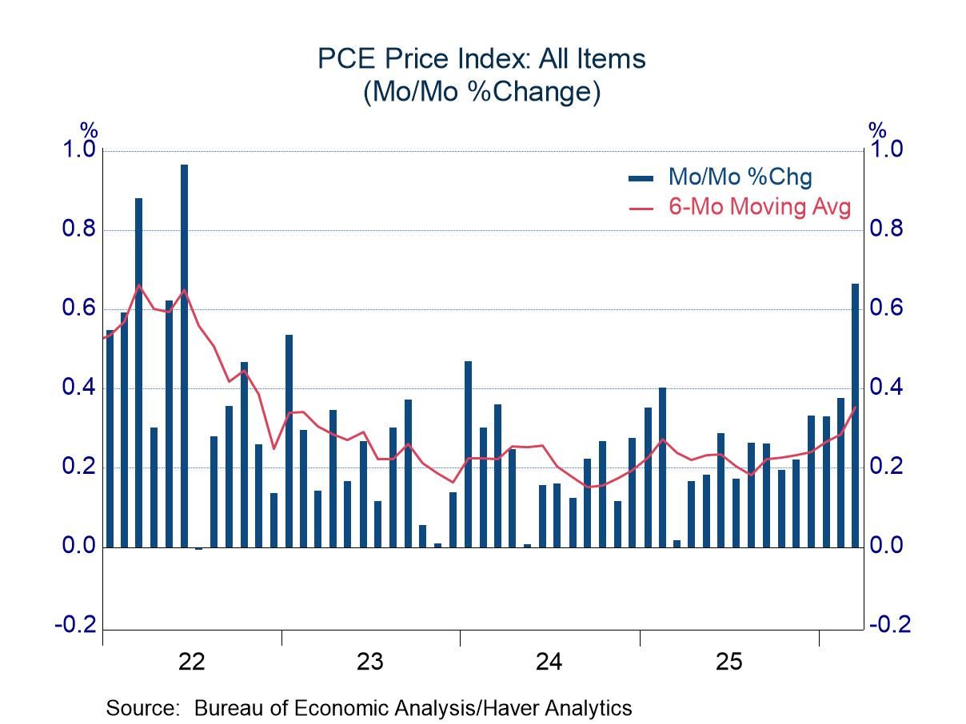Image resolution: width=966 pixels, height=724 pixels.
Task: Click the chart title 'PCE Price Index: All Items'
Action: point(481,59)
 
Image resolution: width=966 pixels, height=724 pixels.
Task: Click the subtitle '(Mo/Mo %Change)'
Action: point(481,93)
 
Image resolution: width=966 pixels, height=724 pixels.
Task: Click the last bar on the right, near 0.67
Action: point(855,416)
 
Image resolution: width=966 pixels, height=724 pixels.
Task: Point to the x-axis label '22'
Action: point(192,662)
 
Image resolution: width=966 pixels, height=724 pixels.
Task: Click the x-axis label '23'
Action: point(370,662)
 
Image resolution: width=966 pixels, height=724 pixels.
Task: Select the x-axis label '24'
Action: point(549,662)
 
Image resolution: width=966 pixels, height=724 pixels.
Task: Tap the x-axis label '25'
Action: point(728,662)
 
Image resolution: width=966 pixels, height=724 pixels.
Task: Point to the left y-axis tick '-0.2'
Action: point(75,624)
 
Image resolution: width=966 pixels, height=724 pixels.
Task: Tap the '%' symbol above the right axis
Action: point(878,129)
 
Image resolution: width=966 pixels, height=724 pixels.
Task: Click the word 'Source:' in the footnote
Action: point(145,708)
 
